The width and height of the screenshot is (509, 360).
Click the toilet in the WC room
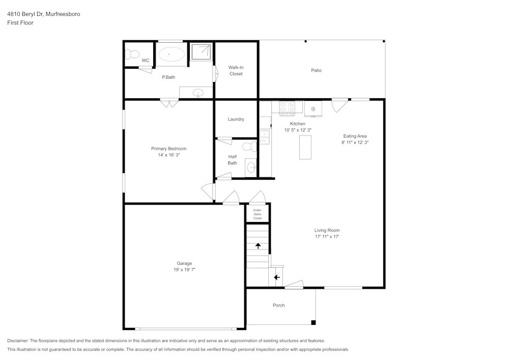pyautogui.click(x=133, y=53)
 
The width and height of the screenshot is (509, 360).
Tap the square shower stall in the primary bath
pyautogui.click(x=202, y=51)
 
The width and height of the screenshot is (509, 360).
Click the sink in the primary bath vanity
pyautogui.click(x=199, y=93)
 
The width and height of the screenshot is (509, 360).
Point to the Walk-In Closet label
pyautogui.click(x=236, y=71)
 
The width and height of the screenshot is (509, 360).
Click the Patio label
pyautogui.click(x=316, y=70)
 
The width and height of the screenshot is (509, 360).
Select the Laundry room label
pyautogui.click(x=236, y=119)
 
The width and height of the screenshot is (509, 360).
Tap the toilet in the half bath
pyautogui.click(x=249, y=147)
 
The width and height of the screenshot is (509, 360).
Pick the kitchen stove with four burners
pyautogui.click(x=288, y=107)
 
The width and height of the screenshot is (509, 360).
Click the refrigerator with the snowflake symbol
pyautogui.click(x=313, y=108)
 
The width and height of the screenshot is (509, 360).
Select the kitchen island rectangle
pyautogui.click(x=305, y=148)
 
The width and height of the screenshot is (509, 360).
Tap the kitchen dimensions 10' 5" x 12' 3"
pyautogui.click(x=298, y=130)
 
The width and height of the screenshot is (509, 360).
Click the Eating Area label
pyautogui.click(x=355, y=136)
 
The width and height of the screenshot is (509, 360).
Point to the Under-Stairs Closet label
pyautogui.click(x=258, y=214)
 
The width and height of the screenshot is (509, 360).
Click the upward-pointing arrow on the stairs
pyautogui.click(x=258, y=246)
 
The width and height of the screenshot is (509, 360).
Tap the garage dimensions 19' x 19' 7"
pyautogui.click(x=184, y=270)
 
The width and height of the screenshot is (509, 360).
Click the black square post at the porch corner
pyautogui.click(x=313, y=322)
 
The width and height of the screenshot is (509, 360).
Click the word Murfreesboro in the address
pyautogui.click(x=63, y=14)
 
